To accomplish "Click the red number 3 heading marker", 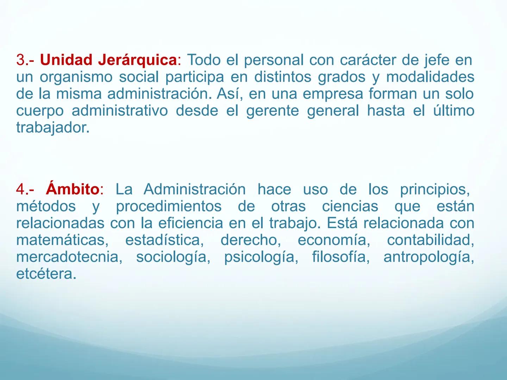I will click(x=20, y=61).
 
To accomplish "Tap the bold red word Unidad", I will click(x=66, y=61).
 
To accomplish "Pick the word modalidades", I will click(x=430, y=77).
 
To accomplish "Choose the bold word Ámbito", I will click(x=72, y=190).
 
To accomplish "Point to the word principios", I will click(x=434, y=190).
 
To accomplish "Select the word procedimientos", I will click(x=169, y=207).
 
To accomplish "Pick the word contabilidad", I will click(x=430, y=240).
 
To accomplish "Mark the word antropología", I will click(x=428, y=257).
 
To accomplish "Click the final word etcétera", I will click(x=46, y=274).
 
